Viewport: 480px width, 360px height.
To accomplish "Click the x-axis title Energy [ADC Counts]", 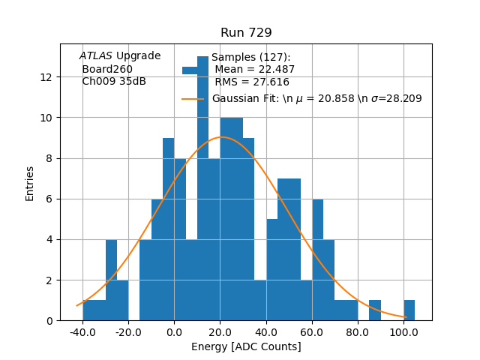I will coord(246,346).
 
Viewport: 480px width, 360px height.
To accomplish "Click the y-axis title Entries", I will coord(30,183).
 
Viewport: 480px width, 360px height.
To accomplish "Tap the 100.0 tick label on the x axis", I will coord(403,331).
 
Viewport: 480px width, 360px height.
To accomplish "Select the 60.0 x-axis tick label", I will coord(312,331).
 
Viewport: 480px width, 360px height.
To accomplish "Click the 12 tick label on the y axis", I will coord(46,77).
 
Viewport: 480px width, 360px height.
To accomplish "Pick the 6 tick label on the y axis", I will coord(49,199).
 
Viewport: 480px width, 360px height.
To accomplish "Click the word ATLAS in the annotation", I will coord(96,56).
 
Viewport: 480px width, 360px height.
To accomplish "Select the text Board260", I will coord(107,69).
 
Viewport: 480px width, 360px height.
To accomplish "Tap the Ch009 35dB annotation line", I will coord(114,81).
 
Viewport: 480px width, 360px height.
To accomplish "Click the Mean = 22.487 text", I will coord(255,70).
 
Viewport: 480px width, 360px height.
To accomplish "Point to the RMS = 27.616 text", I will coord(252,82).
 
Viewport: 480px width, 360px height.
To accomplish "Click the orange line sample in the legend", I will coord(193,99).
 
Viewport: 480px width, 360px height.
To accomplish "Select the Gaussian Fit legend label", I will coord(316,99).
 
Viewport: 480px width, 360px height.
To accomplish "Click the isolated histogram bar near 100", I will coord(409,310).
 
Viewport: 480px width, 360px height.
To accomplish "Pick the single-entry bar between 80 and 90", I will coord(375,310).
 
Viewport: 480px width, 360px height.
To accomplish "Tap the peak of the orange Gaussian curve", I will coord(221,137).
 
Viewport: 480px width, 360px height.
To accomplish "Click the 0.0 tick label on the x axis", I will coord(174,331).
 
